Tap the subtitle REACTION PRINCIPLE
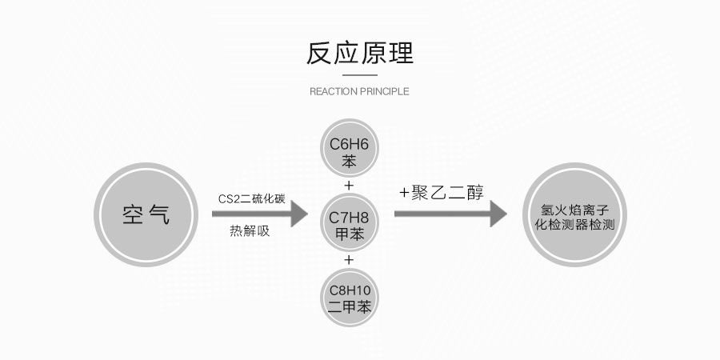359,91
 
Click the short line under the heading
359,74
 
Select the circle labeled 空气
146,214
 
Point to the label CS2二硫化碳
251,198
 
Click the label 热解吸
250,232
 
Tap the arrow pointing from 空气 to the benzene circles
260,214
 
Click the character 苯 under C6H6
348,160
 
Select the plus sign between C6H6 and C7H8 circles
348,186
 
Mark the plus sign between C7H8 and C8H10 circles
348,260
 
